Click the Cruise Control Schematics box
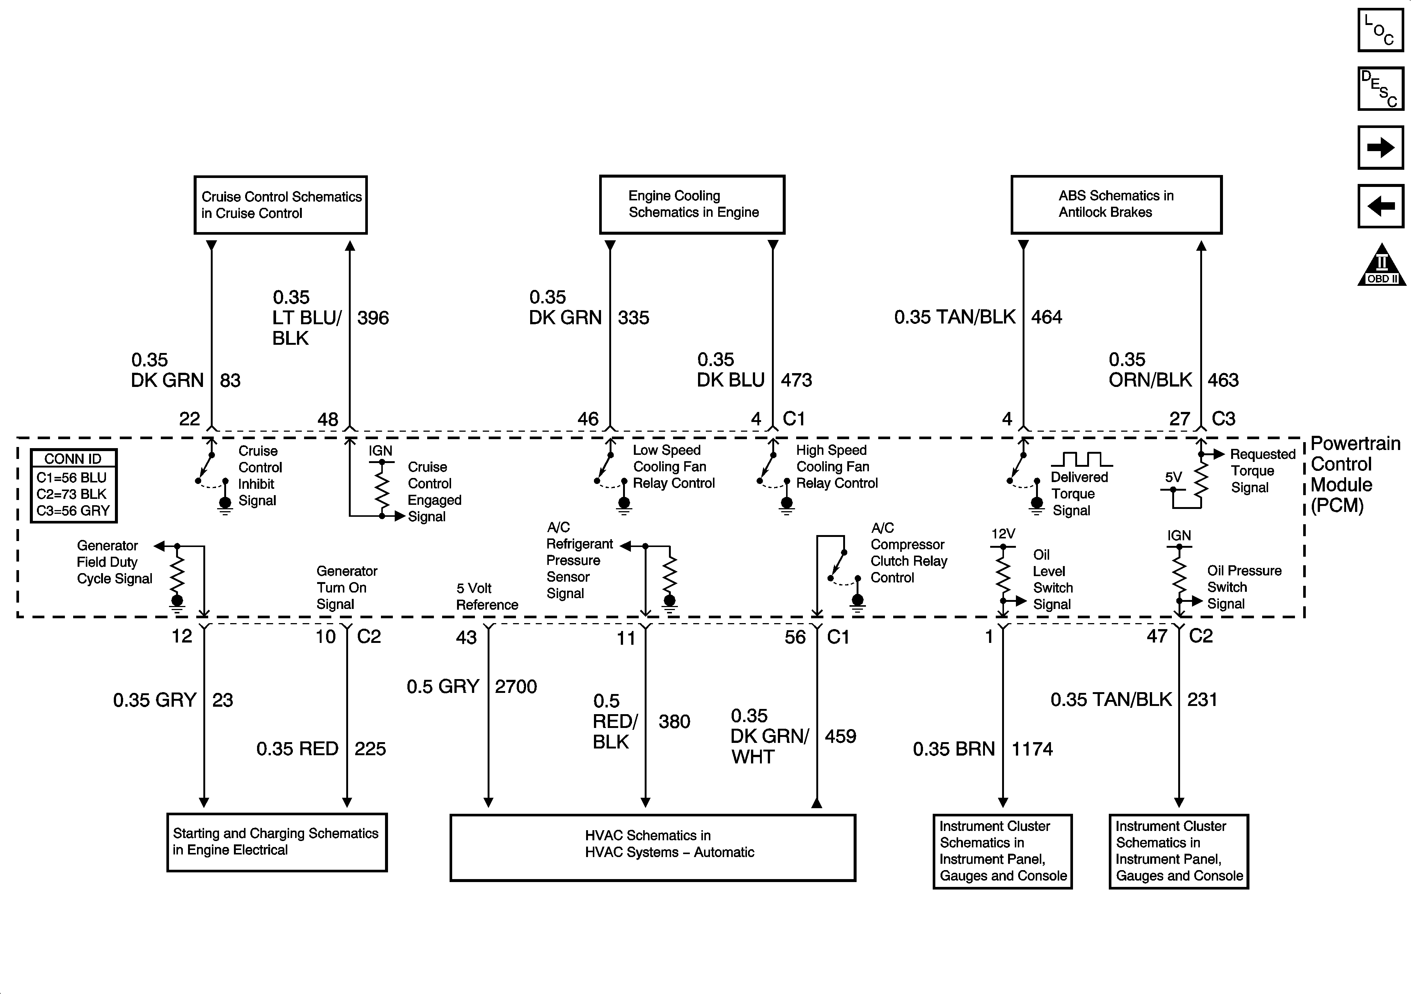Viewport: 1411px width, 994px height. [x=281, y=205]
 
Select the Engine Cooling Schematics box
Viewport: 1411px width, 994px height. [x=692, y=205]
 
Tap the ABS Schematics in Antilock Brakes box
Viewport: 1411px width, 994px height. [x=1116, y=205]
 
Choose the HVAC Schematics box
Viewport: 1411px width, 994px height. [x=652, y=847]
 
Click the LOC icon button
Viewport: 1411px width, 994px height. [x=1380, y=30]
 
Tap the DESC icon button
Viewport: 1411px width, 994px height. [x=1380, y=88]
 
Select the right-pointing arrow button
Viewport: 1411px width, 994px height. [x=1380, y=147]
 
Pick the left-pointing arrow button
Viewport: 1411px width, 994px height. [x=1380, y=206]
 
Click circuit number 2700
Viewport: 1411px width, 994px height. [x=516, y=687]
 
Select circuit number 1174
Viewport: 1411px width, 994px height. [x=1032, y=749]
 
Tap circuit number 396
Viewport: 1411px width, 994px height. [x=373, y=318]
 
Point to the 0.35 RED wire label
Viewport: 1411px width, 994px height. [x=297, y=749]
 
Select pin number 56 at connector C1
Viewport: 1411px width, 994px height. [x=795, y=637]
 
